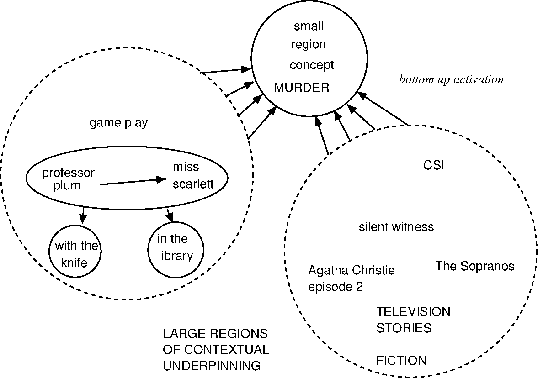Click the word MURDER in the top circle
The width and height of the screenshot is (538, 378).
(x=301, y=88)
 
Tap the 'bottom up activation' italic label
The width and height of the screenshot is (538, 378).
(x=451, y=79)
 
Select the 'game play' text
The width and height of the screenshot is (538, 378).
(x=118, y=123)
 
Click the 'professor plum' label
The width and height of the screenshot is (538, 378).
(x=68, y=179)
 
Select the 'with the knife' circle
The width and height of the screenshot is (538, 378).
(x=75, y=254)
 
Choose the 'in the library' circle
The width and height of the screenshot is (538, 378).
(x=175, y=249)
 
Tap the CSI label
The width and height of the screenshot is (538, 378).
(x=433, y=165)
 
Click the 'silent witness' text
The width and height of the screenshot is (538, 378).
(x=396, y=227)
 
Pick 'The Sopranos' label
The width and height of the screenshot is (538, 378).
(x=474, y=266)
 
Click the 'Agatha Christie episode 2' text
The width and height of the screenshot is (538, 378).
(x=351, y=278)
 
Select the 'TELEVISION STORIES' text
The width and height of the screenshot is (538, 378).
(x=413, y=320)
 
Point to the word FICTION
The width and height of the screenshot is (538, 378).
(x=401, y=361)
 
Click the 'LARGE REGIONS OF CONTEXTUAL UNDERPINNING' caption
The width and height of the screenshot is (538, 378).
(x=216, y=349)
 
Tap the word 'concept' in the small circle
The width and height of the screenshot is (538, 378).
(x=312, y=65)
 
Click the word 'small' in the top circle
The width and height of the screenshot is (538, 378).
(x=309, y=26)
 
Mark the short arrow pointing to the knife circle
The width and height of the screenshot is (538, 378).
(x=83, y=212)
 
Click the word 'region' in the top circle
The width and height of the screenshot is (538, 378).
(x=309, y=44)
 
